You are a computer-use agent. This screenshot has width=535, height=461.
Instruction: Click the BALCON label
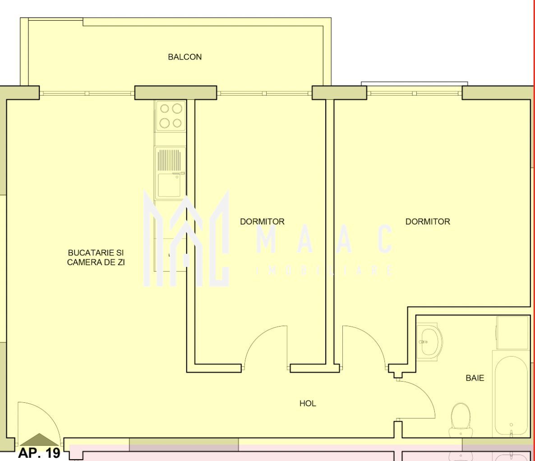(x=184, y=57)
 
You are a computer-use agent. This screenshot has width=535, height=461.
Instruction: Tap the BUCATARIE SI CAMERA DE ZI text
(x=96, y=258)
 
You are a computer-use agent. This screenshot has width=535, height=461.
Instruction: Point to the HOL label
(x=308, y=403)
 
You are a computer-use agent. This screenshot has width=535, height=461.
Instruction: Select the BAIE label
(x=475, y=378)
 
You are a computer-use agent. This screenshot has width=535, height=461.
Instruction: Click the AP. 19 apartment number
(x=39, y=453)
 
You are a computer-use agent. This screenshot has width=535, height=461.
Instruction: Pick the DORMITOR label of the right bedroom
(x=428, y=221)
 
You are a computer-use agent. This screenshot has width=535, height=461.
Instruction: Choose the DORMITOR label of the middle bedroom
(x=262, y=221)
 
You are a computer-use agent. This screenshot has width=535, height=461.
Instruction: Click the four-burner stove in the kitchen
(x=171, y=115)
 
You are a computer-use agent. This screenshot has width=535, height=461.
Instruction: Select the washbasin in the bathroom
(x=429, y=341)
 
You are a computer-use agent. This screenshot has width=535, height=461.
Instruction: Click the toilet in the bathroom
(x=461, y=420)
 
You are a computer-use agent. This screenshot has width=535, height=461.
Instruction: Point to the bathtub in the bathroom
(x=511, y=396)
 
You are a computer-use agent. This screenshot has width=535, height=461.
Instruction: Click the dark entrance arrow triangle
(x=40, y=440)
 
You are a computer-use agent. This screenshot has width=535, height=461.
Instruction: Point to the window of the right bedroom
(x=415, y=92)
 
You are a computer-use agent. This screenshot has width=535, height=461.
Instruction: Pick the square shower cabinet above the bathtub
(x=512, y=333)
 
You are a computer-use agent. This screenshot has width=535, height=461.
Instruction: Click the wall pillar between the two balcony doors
(x=176, y=92)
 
